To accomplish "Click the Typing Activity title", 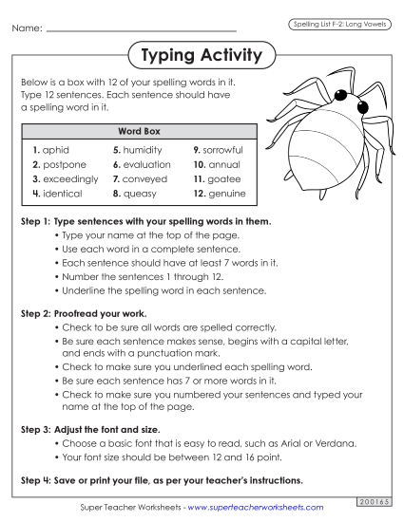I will tap(201, 56).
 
